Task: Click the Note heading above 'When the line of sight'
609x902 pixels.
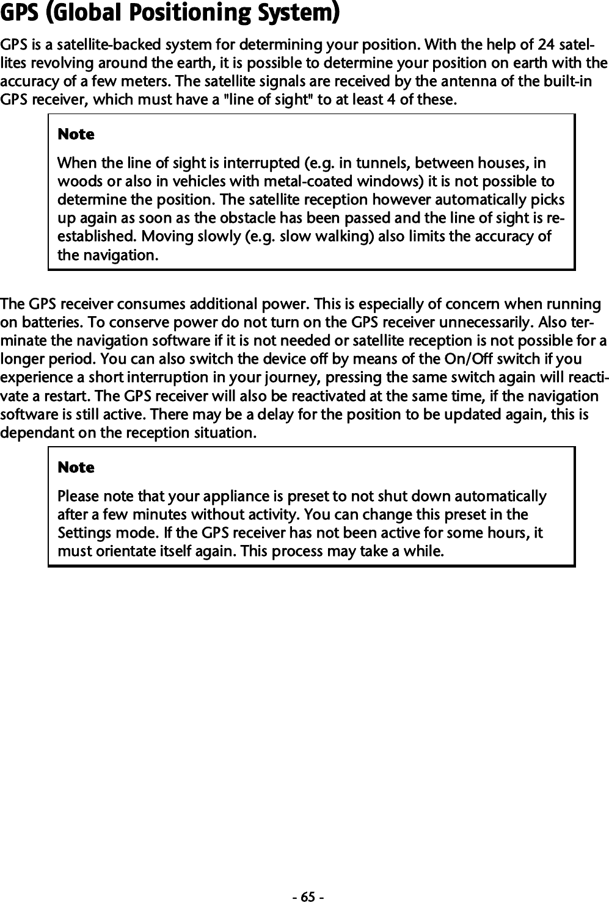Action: pyautogui.click(x=76, y=134)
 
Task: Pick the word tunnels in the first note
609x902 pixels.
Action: pyautogui.click(x=387, y=164)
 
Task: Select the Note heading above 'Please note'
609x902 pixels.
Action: pyautogui.click(x=76, y=467)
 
